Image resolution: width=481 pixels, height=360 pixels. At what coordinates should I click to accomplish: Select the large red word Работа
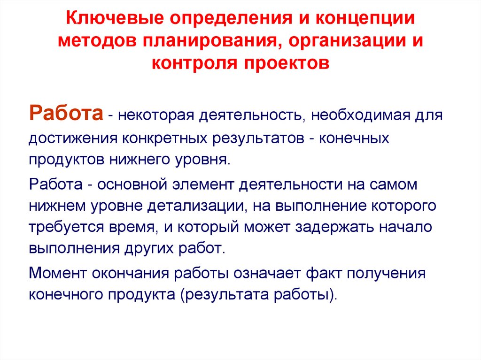pos(66,114)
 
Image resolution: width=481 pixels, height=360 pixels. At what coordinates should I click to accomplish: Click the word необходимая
pos(360,115)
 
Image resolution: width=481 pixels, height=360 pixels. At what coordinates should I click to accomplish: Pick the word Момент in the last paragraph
pos(55,274)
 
